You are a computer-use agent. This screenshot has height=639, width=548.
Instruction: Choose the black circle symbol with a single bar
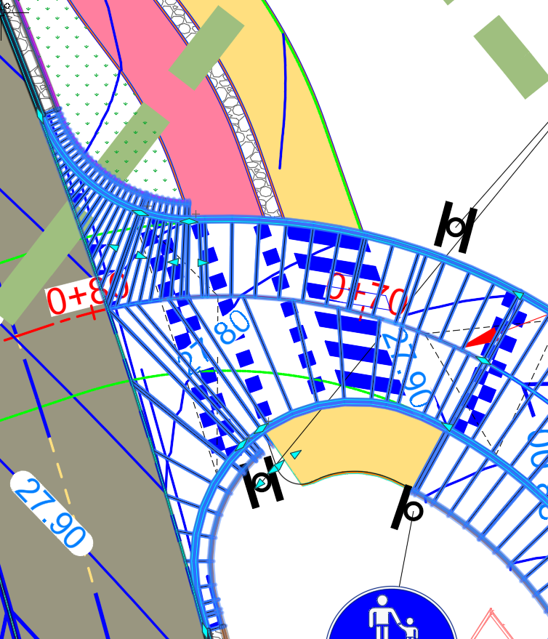click(x=409, y=509)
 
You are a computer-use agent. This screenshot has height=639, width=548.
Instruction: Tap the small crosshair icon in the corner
click(x=7, y=7)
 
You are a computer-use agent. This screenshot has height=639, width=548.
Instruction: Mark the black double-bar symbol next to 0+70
click(x=456, y=228)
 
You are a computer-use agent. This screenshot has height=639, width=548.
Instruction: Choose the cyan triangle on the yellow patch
click(x=296, y=454)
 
